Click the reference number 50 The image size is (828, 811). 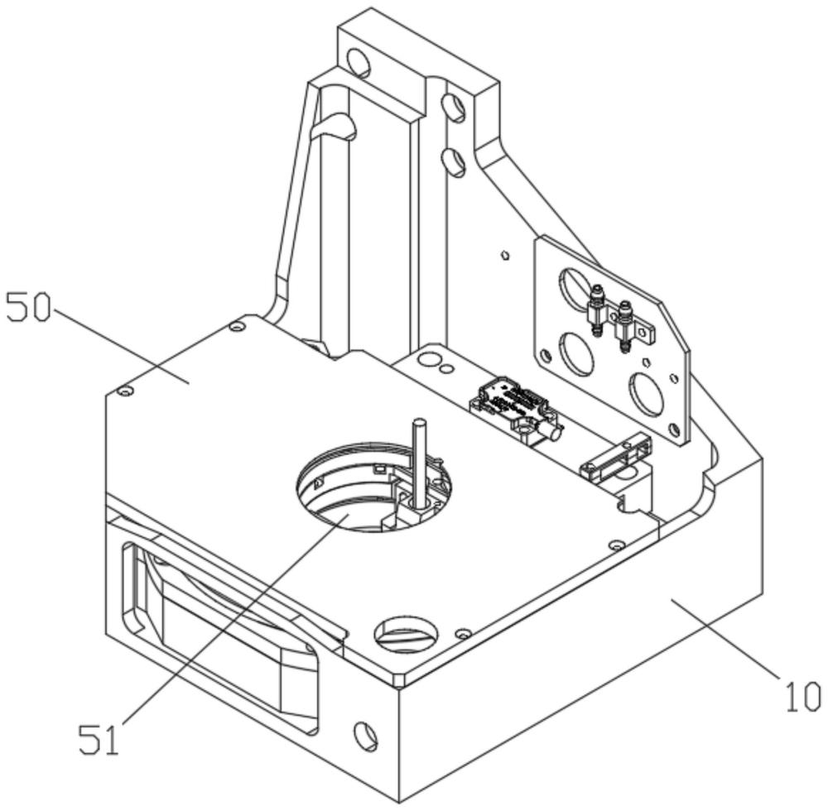click(28, 308)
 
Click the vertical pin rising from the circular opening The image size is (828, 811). click(420, 463)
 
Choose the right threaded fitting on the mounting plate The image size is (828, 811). click(624, 326)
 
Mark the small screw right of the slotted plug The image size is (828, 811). click(464, 632)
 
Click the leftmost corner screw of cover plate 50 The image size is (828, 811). click(125, 391)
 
